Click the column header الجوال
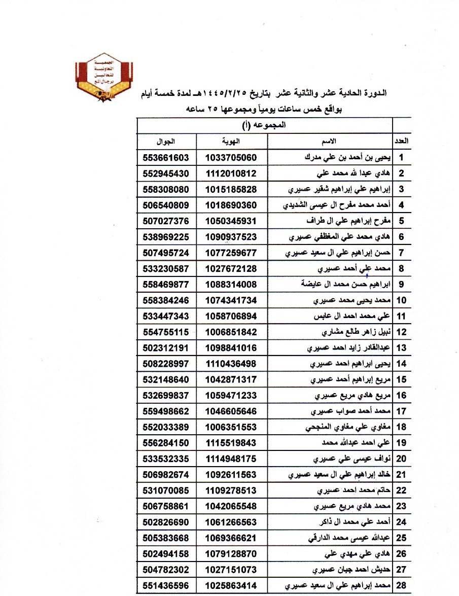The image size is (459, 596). (x=166, y=140)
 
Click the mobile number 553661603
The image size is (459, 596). (x=166, y=157)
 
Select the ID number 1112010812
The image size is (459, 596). (x=231, y=173)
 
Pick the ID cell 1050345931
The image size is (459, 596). (x=231, y=221)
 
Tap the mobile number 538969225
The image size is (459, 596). (x=166, y=237)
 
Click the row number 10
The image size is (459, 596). (x=402, y=300)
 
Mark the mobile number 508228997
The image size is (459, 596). (x=166, y=364)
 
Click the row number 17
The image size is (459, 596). (x=402, y=411)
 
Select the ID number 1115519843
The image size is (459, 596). (x=231, y=443)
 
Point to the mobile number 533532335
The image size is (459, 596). (x=166, y=459)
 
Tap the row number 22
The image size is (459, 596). (x=402, y=490)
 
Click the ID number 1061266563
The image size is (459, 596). (x=231, y=522)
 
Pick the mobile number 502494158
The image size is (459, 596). (x=166, y=554)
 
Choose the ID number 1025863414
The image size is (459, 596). (x=231, y=586)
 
